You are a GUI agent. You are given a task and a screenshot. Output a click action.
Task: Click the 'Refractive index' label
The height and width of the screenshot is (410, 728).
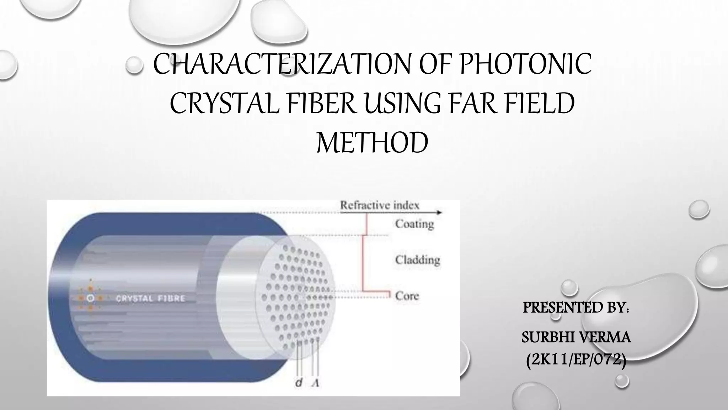380,205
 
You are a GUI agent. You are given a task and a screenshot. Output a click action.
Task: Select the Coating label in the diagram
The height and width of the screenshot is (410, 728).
414,224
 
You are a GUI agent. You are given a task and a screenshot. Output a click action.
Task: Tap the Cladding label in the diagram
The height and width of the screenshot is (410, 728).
417,260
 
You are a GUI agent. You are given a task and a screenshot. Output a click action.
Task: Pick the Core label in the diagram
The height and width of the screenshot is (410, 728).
407,296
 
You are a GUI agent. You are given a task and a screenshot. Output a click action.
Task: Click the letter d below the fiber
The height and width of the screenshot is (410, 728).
299,383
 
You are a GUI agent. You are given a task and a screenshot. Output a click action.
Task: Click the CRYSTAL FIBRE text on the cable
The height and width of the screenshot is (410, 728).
151,298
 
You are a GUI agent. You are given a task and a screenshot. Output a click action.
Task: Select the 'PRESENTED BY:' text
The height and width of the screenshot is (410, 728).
576,307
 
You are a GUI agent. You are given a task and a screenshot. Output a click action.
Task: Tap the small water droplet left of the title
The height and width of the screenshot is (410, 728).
134,65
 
